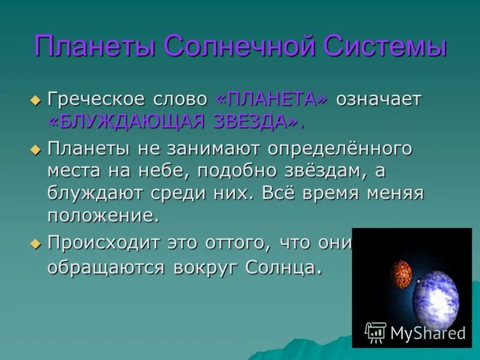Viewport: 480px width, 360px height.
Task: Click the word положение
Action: coord(103,215)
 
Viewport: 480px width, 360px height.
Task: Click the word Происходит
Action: coord(102,243)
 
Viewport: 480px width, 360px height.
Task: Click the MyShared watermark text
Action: coord(428,333)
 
